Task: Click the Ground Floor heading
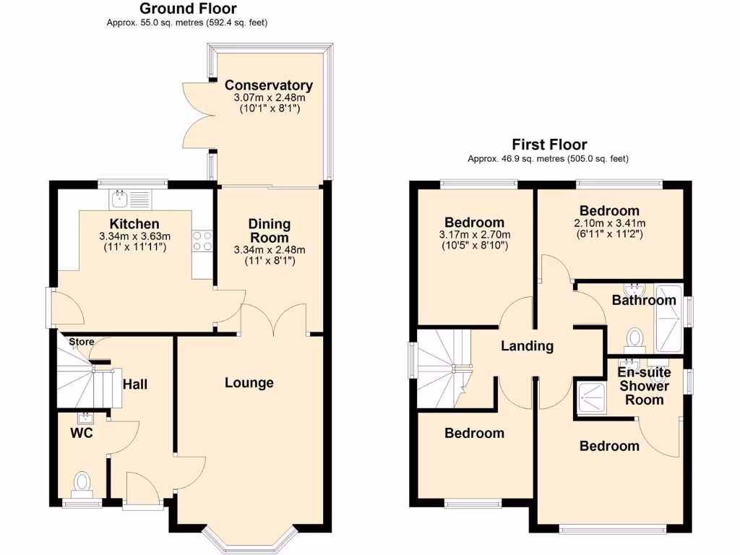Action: click(187, 9)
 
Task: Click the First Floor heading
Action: click(549, 145)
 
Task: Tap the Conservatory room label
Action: click(268, 85)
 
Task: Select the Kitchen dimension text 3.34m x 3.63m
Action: click(134, 236)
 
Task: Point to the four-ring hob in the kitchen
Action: click(202, 241)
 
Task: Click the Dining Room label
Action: click(269, 231)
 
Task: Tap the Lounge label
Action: click(249, 382)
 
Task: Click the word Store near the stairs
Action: click(82, 342)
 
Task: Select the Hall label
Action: click(134, 384)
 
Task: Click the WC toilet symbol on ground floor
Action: click(82, 482)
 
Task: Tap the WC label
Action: click(81, 434)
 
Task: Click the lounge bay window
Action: click(249, 541)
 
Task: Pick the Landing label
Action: click(528, 346)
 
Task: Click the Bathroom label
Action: click(644, 300)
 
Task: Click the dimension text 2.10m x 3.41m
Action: click(609, 223)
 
